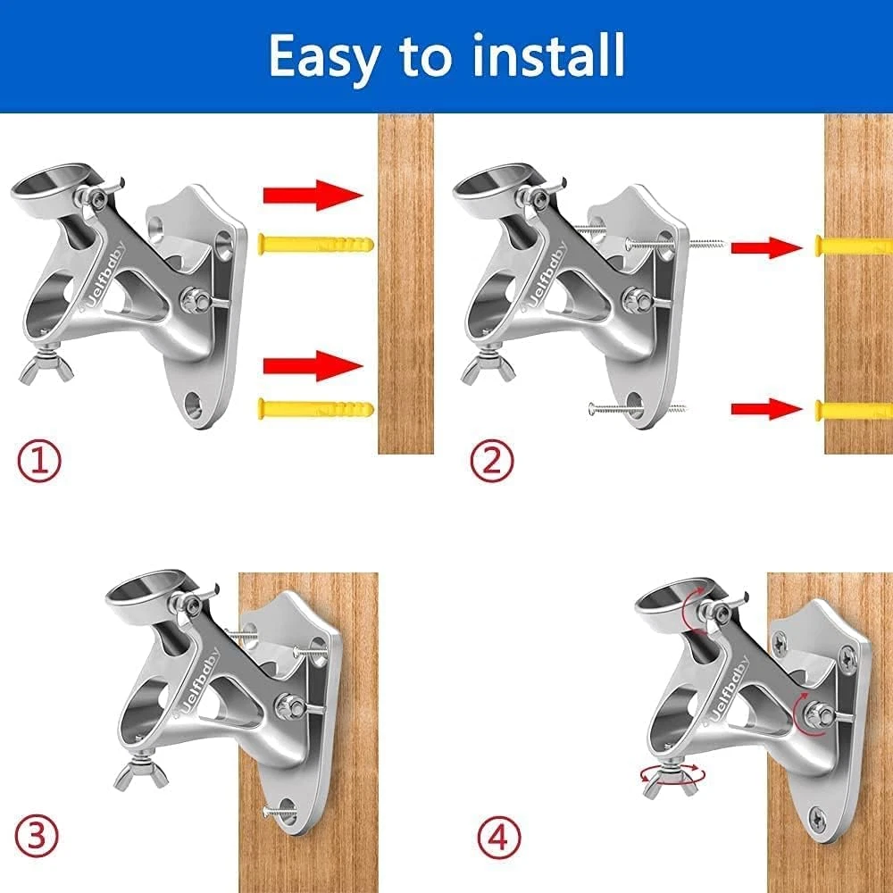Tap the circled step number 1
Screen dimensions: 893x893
pos(38,462)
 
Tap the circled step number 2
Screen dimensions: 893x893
pos(492,462)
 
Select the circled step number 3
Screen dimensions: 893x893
pos(37,836)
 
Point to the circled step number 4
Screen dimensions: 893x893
pos(499,839)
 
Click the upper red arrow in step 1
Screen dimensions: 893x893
pos(313,196)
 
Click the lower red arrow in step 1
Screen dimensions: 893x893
pos(313,365)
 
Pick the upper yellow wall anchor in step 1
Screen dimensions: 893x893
pos(316,245)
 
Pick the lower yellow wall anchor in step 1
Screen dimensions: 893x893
pos(316,409)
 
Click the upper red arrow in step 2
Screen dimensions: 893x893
pos(766,247)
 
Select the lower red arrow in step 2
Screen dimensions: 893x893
pos(766,409)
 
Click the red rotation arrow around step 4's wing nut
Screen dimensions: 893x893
pos(672,774)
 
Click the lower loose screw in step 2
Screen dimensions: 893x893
pos(637,408)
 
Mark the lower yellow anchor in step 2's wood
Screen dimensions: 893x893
pos(853,409)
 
